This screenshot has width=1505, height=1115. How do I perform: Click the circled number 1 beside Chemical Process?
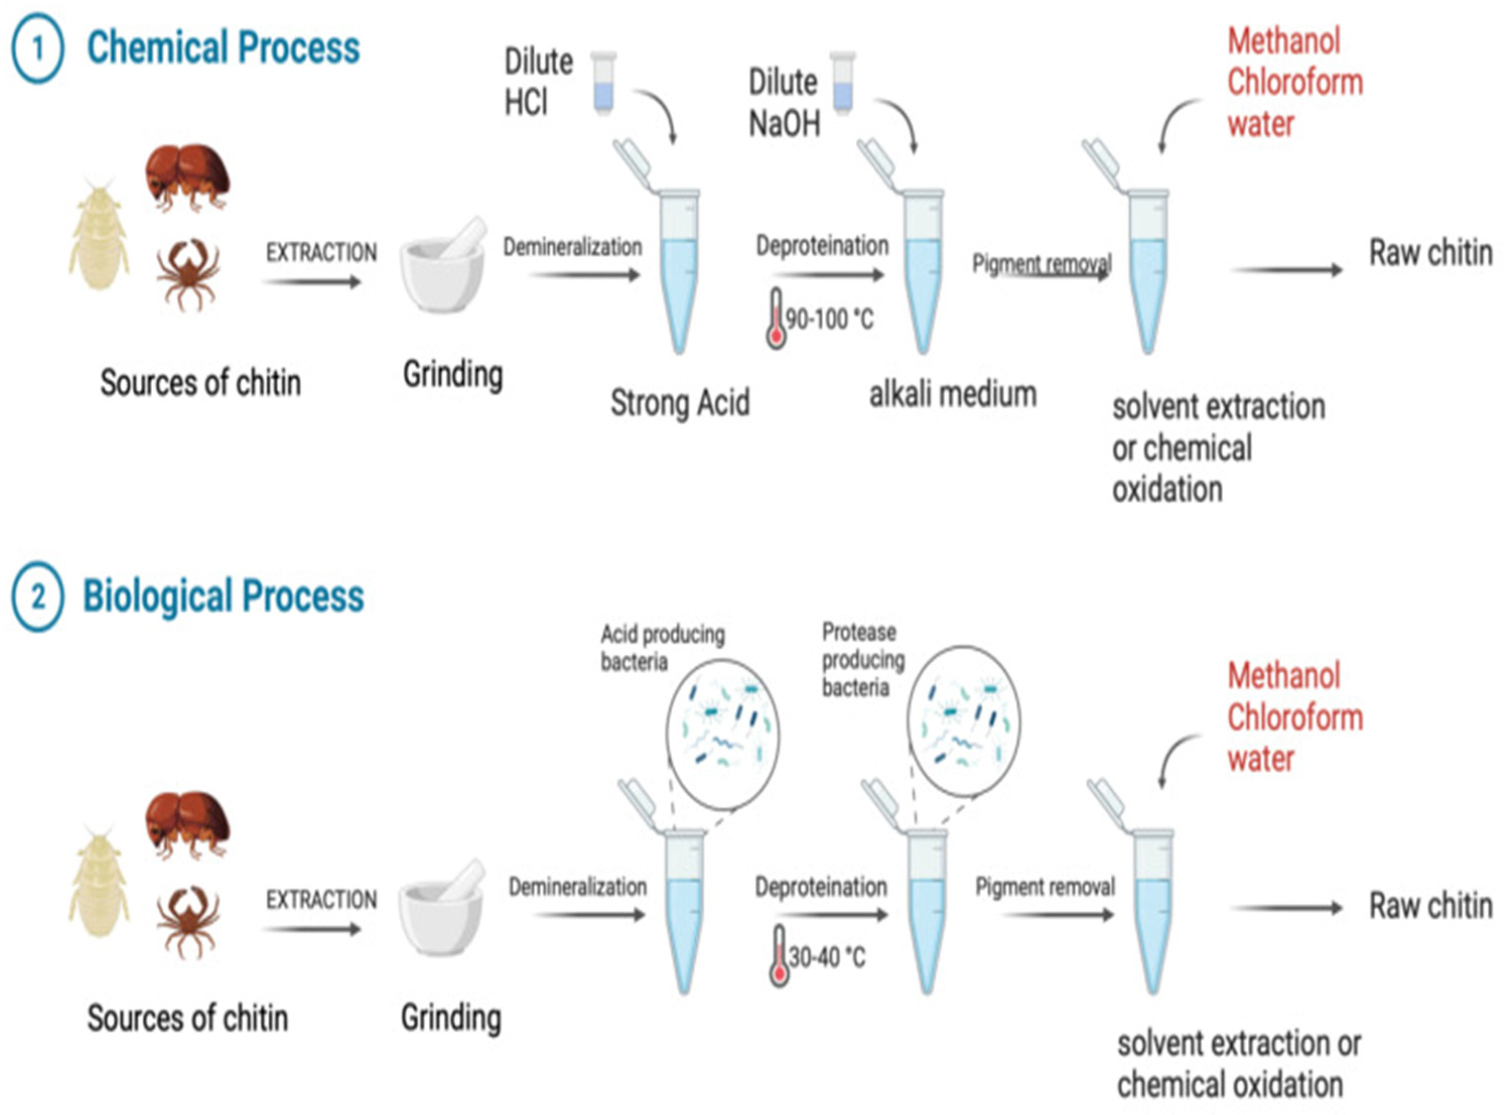point(38,48)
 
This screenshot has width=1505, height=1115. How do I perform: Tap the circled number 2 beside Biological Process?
point(38,597)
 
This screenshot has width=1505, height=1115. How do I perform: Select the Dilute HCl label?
point(538,83)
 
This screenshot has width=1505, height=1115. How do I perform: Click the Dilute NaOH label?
point(784,103)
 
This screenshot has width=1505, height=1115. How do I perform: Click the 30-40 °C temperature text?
point(827,957)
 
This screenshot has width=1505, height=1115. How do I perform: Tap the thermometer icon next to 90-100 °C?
point(776,319)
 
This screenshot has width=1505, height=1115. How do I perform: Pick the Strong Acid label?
point(680,403)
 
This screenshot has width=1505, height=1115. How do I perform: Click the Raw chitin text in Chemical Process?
point(1430,254)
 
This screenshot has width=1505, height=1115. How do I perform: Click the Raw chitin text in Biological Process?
point(1430,906)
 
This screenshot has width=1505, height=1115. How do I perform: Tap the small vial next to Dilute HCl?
point(603,83)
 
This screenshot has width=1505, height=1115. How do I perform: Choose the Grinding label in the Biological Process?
point(451,1017)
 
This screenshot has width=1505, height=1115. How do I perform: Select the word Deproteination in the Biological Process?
point(821,887)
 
